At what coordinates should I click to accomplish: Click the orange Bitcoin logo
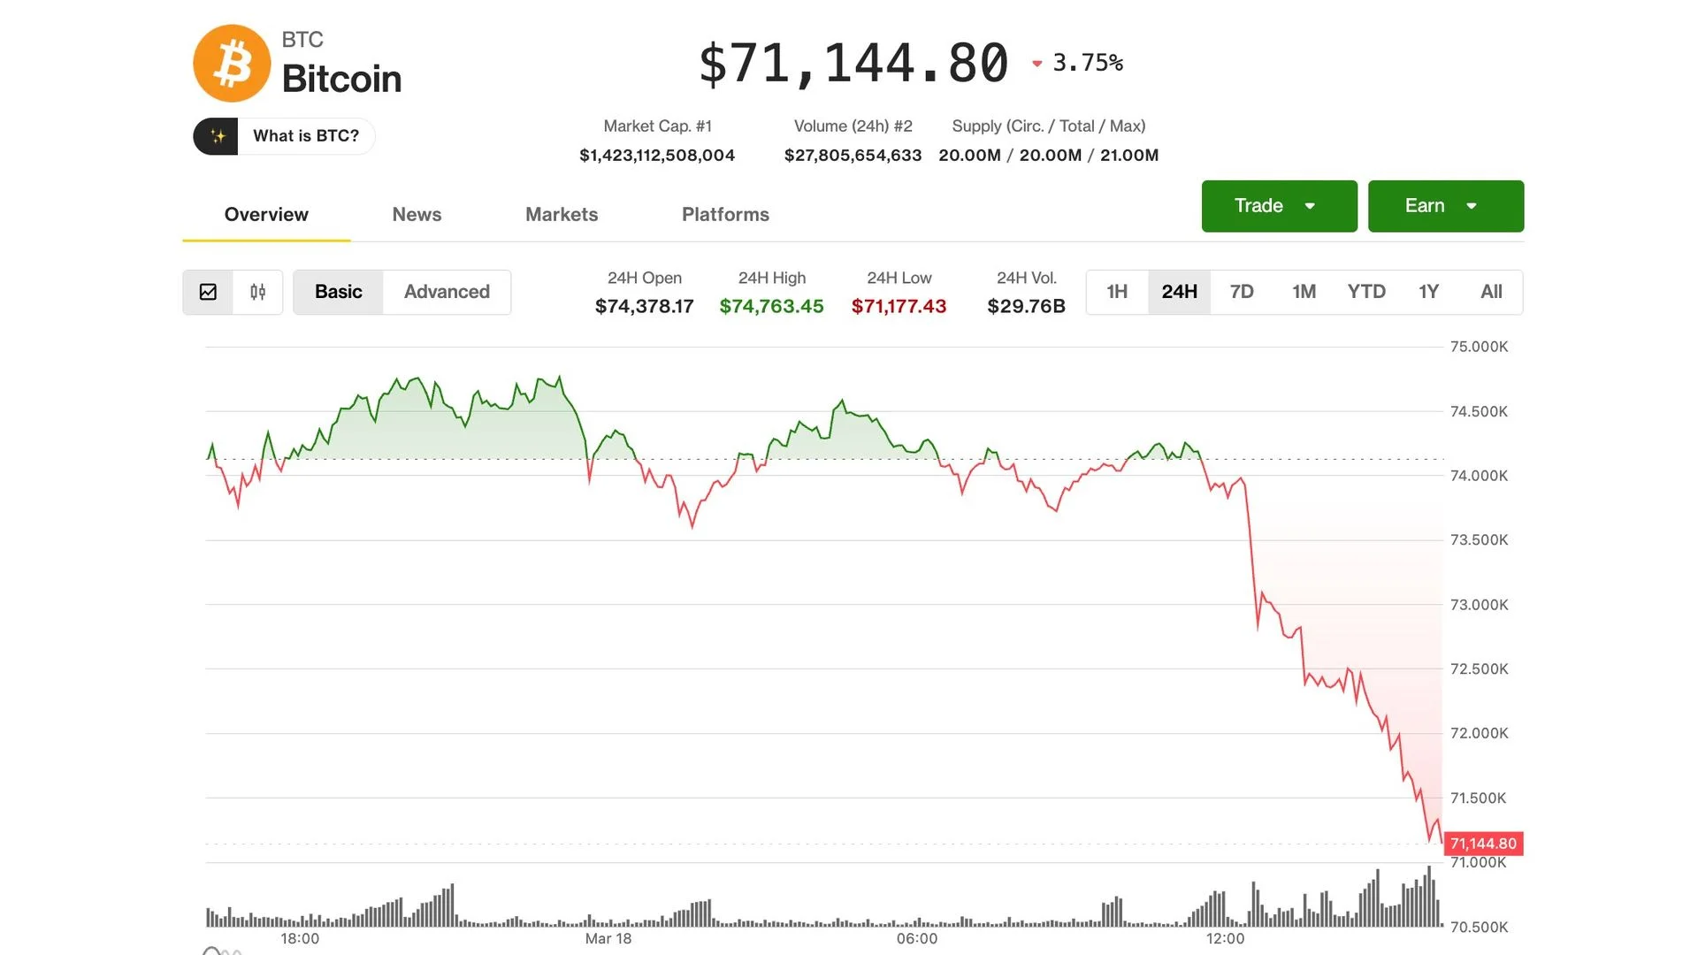[232, 64]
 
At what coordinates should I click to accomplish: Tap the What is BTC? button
[284, 136]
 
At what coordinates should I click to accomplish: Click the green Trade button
[1278, 206]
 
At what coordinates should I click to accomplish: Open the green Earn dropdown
[1445, 206]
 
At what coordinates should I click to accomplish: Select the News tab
[417, 214]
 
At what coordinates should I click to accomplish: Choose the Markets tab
[561, 214]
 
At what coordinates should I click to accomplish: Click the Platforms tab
[724, 214]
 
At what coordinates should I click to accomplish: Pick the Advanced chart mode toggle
[447, 292]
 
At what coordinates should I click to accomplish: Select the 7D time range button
[1241, 292]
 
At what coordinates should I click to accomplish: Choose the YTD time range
[1365, 292]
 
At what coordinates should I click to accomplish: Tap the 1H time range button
[1116, 292]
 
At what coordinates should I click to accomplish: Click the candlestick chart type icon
[257, 292]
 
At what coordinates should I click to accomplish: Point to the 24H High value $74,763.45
[771, 306]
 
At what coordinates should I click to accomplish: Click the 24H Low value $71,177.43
[899, 306]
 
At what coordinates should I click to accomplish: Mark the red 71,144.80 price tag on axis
[1483, 844]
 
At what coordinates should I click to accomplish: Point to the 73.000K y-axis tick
[1479, 605]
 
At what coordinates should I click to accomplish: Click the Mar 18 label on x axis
[608, 938]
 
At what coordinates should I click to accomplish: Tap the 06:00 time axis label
[916, 938]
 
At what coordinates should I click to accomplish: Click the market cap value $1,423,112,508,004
[656, 156]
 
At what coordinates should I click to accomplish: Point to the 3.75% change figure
[1087, 63]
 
